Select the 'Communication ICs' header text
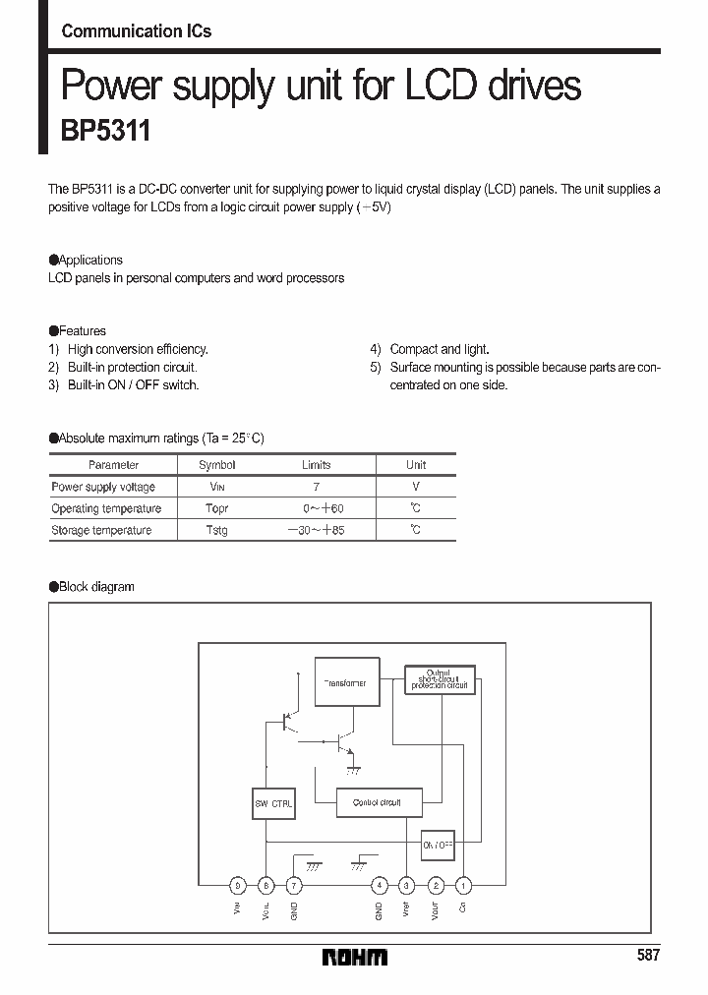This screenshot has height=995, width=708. (136, 30)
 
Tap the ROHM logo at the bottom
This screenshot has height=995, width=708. (355, 956)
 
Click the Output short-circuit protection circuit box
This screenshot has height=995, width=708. (440, 679)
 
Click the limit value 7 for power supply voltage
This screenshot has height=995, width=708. (316, 487)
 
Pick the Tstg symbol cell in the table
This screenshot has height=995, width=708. (216, 530)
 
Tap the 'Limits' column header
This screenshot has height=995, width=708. (316, 465)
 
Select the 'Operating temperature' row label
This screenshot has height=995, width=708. (106, 508)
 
